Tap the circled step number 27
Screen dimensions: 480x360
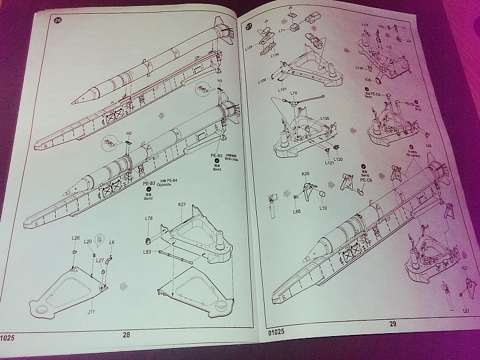point(250,28)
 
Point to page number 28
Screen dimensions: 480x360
point(126,335)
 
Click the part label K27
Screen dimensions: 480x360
point(182,205)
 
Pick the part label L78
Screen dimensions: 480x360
point(148,218)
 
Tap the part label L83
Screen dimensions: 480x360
point(147,252)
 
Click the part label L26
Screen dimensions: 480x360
point(76,238)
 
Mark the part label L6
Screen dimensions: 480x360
point(112,242)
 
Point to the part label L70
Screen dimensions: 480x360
point(293,94)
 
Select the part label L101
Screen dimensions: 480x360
point(266,90)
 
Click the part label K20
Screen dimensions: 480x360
point(306,173)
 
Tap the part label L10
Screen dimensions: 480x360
point(323,208)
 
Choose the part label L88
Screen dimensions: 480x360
point(296,211)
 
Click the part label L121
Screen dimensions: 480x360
point(329,163)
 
